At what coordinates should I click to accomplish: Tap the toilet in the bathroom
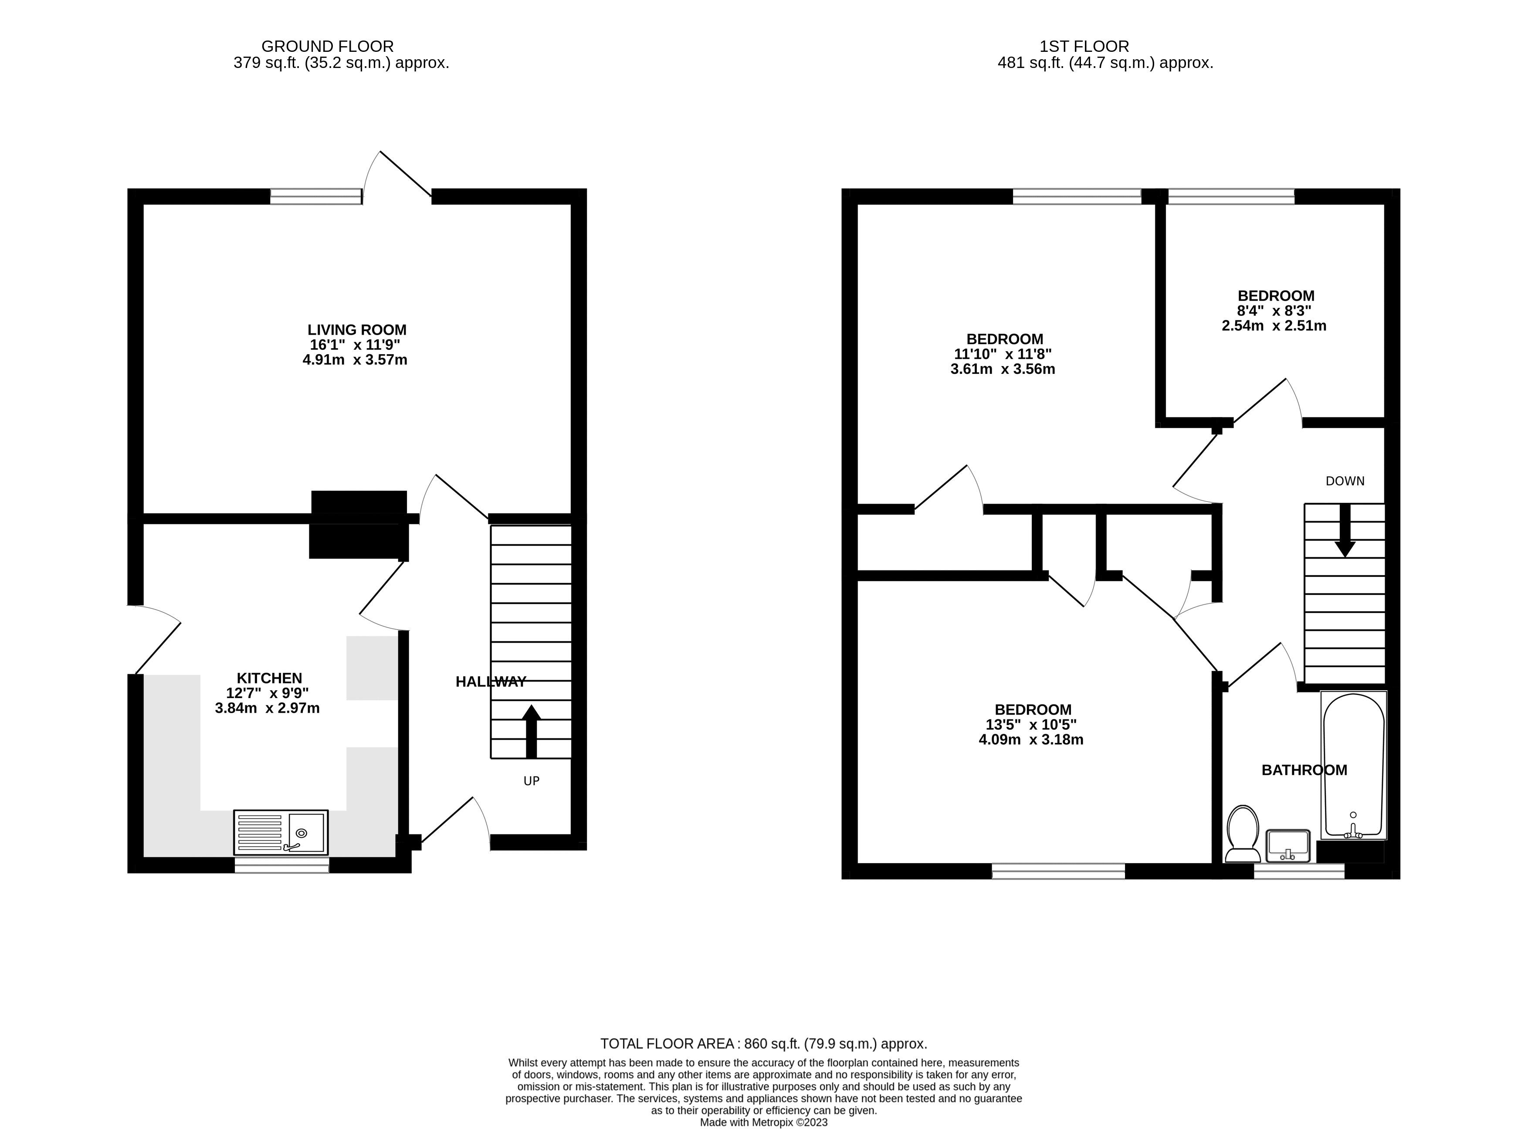pyautogui.click(x=1242, y=834)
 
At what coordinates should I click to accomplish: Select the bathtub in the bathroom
pyautogui.click(x=1353, y=766)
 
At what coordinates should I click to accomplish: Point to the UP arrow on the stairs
pyautogui.click(x=531, y=731)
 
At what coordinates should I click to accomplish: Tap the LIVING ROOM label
pyautogui.click(x=357, y=329)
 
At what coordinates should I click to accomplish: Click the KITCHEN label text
pyautogui.click(x=269, y=678)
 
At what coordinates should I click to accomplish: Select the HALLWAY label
pyautogui.click(x=491, y=681)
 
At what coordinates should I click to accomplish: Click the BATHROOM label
pyautogui.click(x=1304, y=770)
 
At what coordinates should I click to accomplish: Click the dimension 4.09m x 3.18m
pyautogui.click(x=1030, y=739)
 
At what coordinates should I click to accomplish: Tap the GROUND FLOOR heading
pyautogui.click(x=327, y=47)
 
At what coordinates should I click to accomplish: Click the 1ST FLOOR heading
pyautogui.click(x=1084, y=47)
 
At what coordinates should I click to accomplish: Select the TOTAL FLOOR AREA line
pyautogui.click(x=763, y=1044)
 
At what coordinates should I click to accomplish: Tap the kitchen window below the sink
pyautogui.click(x=281, y=865)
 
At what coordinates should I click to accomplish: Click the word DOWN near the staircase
pyautogui.click(x=1344, y=481)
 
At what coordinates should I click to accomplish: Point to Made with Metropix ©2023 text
pyautogui.click(x=763, y=1122)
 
